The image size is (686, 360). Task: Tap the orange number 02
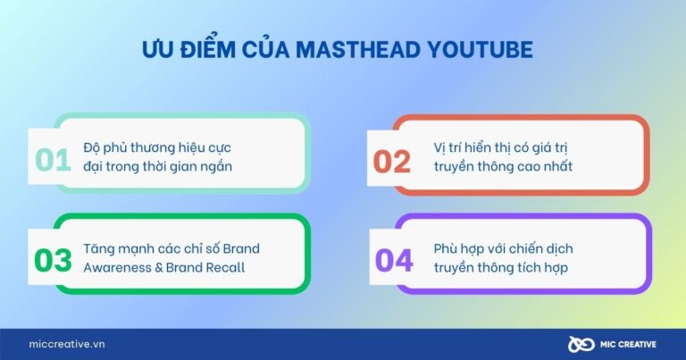point(392,162)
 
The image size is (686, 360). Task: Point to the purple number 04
point(394,261)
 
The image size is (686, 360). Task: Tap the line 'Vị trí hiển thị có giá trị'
point(501,147)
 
